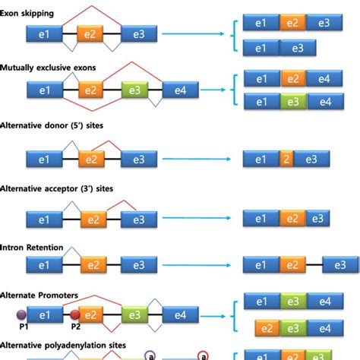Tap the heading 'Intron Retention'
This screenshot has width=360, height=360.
coord(31,248)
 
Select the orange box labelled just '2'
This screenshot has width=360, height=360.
coord(286,159)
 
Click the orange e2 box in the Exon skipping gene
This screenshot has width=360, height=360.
coord(91,33)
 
